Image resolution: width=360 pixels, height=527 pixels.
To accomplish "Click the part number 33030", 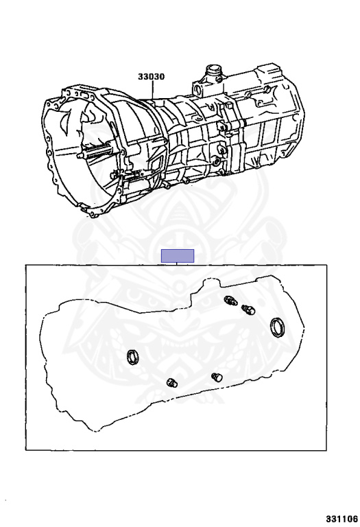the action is (x=151, y=77).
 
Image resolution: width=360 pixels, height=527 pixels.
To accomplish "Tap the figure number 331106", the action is (x=341, y=519).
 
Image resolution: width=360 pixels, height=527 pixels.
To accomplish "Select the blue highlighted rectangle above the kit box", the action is (x=178, y=256).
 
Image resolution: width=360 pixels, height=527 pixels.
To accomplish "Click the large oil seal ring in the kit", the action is (x=278, y=327).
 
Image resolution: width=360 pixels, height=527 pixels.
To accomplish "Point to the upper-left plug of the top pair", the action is (x=231, y=300).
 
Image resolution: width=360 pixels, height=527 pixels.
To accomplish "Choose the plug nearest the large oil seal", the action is (x=248, y=309).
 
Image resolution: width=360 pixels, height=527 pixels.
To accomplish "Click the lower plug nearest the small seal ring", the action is (x=172, y=382).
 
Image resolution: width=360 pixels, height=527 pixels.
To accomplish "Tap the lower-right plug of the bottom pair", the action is (x=217, y=377).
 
